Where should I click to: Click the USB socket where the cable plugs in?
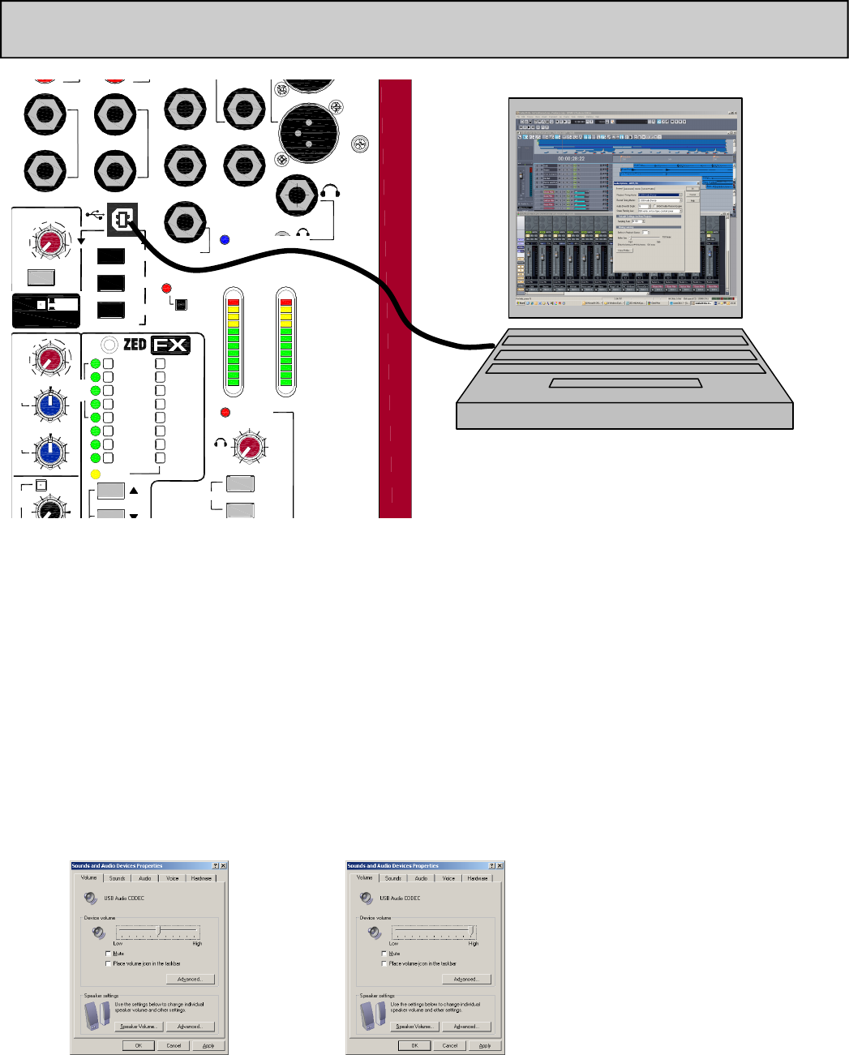123,217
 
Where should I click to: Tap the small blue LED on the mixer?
225,239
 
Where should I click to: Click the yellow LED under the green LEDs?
95,474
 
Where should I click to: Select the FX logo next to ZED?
171,345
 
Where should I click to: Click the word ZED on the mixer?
135,345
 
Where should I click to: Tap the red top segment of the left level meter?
234,302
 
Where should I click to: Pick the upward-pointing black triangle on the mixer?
134,490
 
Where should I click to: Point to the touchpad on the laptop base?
625,383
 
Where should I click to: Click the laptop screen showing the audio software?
625,208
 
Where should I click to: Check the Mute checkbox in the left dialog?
109,954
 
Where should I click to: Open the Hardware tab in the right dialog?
478,878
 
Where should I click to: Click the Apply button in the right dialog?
484,1045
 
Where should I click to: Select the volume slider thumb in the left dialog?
159,931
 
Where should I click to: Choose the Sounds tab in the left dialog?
118,878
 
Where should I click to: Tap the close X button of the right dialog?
499,866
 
